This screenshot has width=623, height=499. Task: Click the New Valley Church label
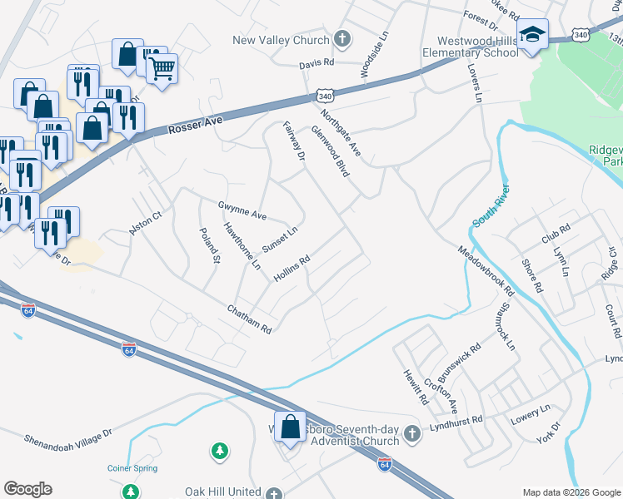coord(281,39)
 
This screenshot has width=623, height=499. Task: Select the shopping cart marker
coord(162,67)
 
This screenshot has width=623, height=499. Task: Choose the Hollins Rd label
coord(292,268)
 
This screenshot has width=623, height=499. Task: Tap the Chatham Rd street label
coord(249,319)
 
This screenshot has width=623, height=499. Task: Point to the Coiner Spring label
coord(132,468)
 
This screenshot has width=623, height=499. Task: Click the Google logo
coord(27,489)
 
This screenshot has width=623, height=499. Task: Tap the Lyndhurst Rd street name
coord(456,425)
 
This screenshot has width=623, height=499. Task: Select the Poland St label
coord(209,247)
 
